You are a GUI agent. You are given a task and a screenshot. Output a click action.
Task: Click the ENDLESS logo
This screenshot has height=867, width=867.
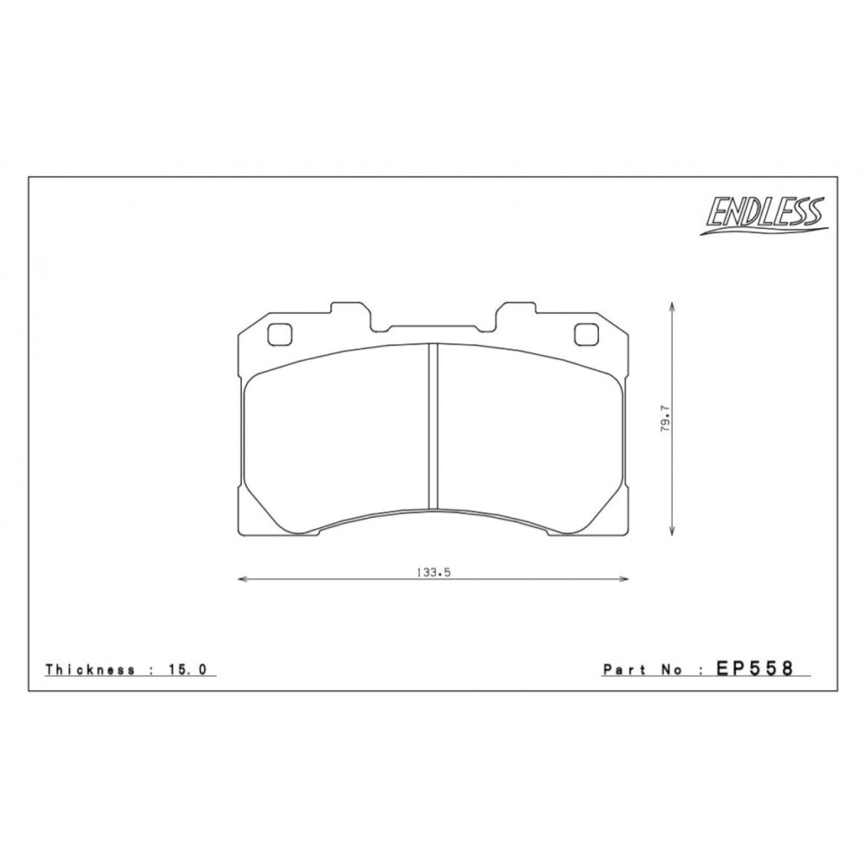pyautogui.click(x=764, y=215)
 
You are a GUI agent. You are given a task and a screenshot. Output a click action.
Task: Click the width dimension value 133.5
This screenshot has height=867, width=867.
pyautogui.click(x=433, y=572)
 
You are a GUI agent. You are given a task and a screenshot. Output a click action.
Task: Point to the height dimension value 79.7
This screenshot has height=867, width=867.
pyautogui.click(x=666, y=418)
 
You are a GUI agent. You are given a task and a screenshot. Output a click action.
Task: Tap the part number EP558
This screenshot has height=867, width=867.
pyautogui.click(x=755, y=668)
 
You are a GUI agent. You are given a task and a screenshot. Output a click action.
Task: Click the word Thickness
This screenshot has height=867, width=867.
pyautogui.click(x=90, y=669)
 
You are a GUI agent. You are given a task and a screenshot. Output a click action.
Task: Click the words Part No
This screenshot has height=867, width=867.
pyautogui.click(x=643, y=670)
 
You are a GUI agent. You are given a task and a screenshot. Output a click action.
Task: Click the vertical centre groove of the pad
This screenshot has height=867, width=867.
pyautogui.click(x=433, y=426)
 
